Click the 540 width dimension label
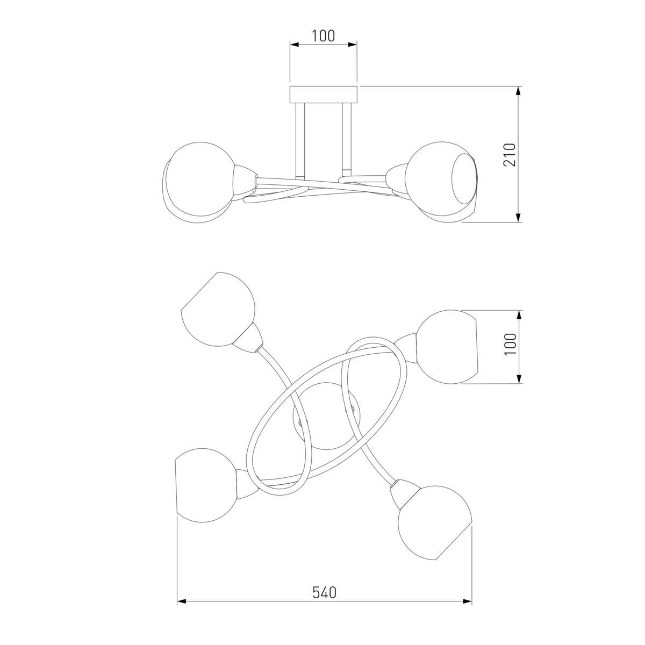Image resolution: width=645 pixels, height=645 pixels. click(324, 592)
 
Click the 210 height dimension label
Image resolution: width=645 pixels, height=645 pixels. click(510, 155)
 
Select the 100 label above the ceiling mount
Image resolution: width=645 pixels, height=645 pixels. click(324, 36)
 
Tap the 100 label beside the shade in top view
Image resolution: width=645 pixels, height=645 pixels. click(510, 345)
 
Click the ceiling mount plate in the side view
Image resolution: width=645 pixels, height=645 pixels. click(324, 95)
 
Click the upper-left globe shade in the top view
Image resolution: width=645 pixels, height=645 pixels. click(218, 309)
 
